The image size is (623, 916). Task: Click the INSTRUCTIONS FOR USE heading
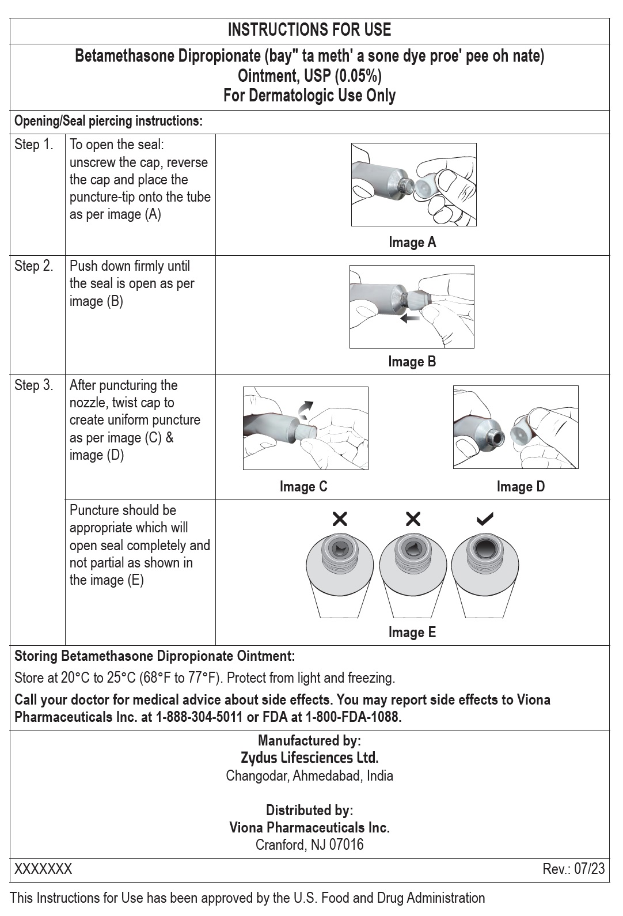(x=309, y=30)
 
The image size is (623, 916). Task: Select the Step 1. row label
(x=34, y=145)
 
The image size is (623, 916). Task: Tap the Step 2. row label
(x=34, y=266)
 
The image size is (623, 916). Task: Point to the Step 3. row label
(x=34, y=385)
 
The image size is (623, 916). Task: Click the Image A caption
(x=412, y=243)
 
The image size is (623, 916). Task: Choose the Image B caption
(x=412, y=362)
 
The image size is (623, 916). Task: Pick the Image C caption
(x=303, y=487)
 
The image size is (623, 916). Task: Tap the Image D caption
(x=521, y=487)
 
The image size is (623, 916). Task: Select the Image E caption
(x=412, y=633)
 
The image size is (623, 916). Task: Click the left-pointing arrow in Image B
(x=409, y=318)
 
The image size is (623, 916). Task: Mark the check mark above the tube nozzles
(x=485, y=520)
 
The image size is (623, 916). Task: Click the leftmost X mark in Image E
(x=340, y=520)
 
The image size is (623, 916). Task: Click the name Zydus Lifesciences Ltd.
(x=309, y=758)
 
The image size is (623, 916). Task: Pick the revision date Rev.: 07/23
(x=573, y=869)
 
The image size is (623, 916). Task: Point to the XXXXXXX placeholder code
(x=43, y=869)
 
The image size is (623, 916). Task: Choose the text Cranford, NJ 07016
(x=309, y=845)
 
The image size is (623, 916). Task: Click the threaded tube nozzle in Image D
(x=494, y=433)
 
